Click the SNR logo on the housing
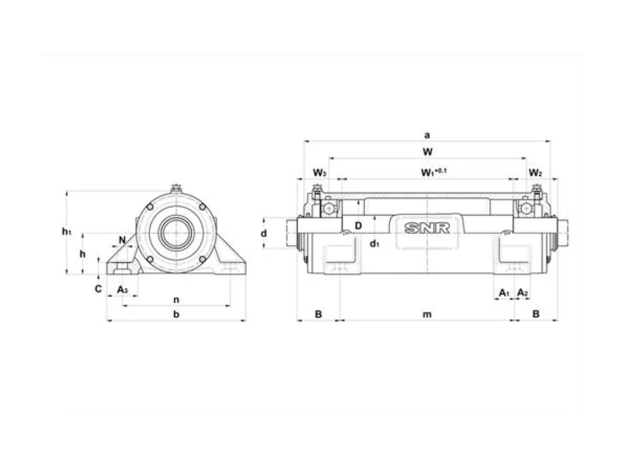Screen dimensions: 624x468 (x=427, y=228)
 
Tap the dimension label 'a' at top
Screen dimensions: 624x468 (x=427, y=135)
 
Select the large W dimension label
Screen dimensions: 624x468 (x=427, y=151)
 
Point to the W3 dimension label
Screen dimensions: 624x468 (x=319, y=173)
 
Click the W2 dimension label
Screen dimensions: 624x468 (x=535, y=173)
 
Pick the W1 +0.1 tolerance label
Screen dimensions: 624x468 (x=434, y=172)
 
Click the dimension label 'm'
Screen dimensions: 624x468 (x=427, y=314)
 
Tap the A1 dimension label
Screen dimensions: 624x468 (x=504, y=292)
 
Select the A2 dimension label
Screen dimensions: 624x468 (x=523, y=292)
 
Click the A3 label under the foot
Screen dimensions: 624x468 (x=123, y=290)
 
